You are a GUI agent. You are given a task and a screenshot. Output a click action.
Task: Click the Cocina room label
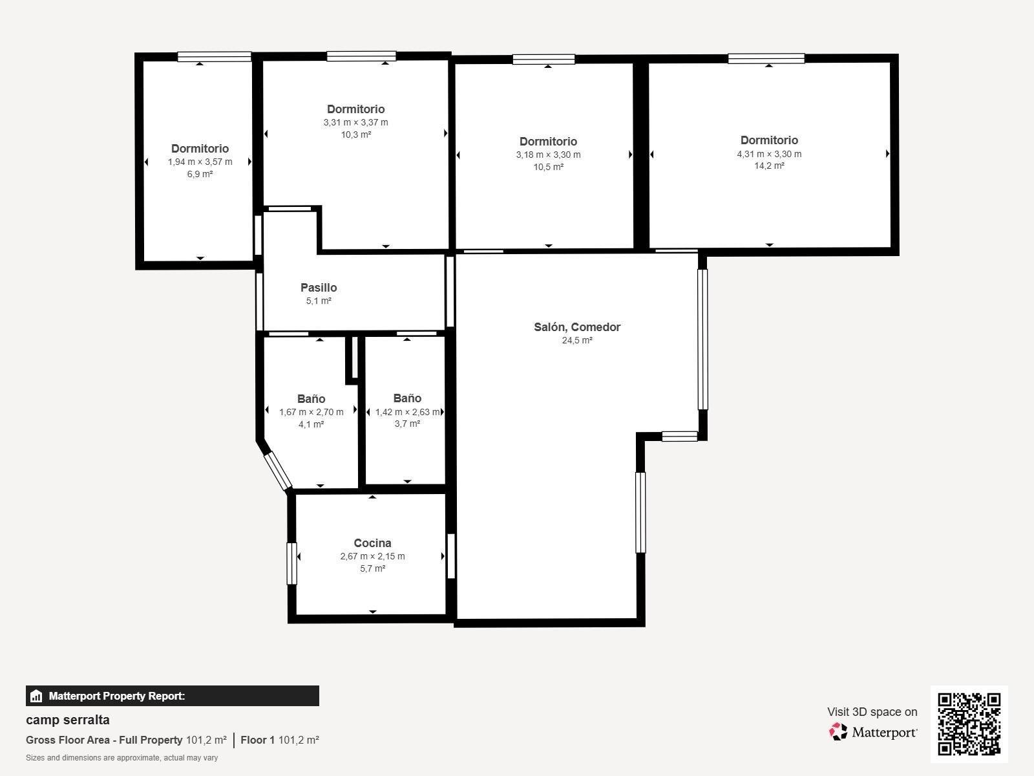point(372,543)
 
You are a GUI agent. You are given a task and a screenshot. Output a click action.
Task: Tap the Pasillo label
point(319,287)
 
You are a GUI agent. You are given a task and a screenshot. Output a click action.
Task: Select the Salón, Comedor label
point(577,327)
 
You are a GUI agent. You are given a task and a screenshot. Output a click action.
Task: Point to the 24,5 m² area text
point(577,340)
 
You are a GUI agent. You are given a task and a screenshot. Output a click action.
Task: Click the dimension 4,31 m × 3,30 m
point(769,154)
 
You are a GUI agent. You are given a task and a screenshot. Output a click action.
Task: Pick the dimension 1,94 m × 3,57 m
point(200,162)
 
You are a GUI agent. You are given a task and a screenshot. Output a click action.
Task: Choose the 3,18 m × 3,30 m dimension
point(548,155)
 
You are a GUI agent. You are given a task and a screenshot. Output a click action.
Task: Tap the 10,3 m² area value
point(355,135)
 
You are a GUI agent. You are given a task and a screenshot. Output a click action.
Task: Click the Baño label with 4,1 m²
point(311,398)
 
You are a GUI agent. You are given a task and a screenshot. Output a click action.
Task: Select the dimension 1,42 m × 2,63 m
point(408,412)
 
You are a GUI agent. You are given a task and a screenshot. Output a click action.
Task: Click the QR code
point(969,724)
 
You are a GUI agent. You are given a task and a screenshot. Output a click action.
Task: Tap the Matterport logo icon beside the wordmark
point(838,732)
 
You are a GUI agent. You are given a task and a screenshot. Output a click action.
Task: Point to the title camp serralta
point(68,720)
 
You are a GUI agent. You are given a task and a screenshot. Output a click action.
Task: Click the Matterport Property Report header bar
point(173,696)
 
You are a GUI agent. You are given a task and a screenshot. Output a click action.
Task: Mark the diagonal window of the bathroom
point(277,471)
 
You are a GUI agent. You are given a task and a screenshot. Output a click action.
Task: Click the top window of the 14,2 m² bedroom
point(766,58)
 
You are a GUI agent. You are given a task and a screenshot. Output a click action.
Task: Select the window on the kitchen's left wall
point(292,563)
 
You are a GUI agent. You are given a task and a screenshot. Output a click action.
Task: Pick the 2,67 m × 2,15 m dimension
point(373,556)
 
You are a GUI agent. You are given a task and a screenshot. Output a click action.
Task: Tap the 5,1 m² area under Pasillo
point(319,301)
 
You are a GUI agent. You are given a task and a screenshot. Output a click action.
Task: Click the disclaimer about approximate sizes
point(121,758)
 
